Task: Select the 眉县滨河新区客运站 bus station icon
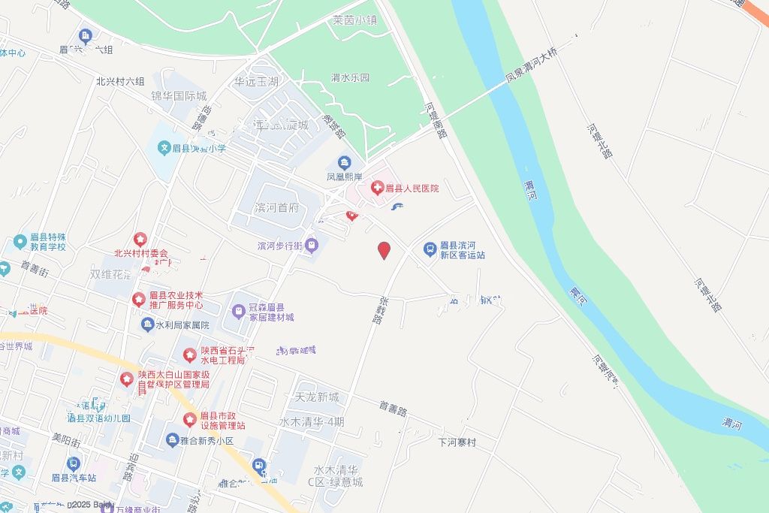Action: [430, 248]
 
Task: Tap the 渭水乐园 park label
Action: [351, 77]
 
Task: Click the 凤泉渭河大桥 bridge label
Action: [532, 63]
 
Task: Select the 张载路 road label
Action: [379, 307]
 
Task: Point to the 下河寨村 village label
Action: [457, 442]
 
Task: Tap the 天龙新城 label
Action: [317, 397]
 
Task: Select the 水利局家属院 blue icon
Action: [147, 324]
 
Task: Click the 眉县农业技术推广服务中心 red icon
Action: [139, 300]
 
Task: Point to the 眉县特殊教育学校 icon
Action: [20, 241]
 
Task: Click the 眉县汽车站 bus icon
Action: [73, 464]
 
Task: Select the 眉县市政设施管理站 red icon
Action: [190, 419]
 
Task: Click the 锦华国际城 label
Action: [179, 95]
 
